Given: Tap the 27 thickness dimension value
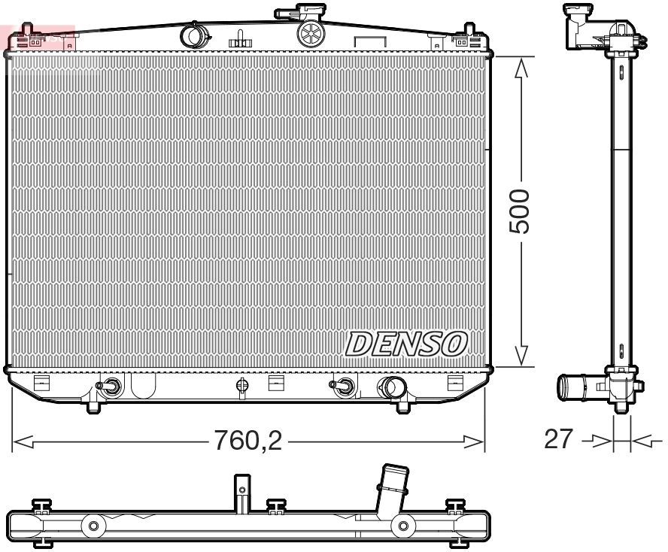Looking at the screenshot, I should pos(558,438).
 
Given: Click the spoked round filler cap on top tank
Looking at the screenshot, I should pos(309,32).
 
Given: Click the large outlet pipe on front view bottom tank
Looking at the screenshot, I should pos(391,387).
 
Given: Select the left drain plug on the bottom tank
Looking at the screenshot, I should pos(111,386).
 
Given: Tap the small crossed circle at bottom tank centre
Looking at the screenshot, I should pos(241,385).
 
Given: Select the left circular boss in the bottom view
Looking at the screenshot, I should pos(93,525).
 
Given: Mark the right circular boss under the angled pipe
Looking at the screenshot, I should pos(403,525).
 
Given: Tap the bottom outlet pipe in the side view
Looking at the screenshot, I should pos(572,388).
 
